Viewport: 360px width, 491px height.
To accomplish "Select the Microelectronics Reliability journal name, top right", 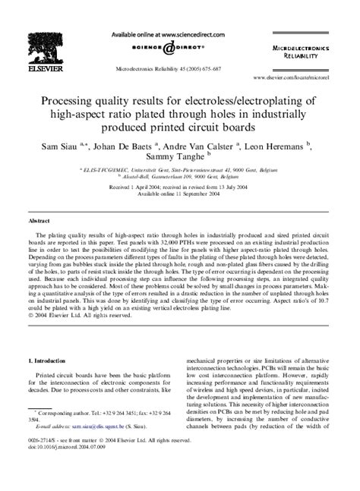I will coord(316,51).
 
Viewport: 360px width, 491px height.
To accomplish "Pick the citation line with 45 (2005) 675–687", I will coord(180,68).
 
